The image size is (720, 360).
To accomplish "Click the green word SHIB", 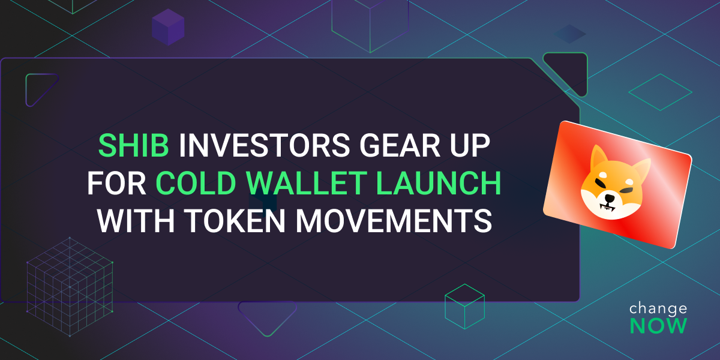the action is point(134,146).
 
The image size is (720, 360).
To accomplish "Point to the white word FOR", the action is point(116,183).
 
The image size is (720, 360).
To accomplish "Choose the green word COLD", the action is point(196,183).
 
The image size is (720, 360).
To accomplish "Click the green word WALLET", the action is point(307,183).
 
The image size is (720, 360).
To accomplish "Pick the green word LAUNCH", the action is point(439,183).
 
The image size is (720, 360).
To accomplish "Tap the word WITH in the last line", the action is point(136,221).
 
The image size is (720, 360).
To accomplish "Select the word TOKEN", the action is point(235,221).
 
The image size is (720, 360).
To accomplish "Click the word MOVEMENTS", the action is point(394,221).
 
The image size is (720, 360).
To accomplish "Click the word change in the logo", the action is point(658,309).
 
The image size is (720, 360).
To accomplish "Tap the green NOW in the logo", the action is point(658,326).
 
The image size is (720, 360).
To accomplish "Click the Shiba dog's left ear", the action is point(599,156).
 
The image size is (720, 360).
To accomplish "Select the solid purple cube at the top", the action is point(168,27).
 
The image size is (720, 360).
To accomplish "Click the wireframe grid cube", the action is point(70,287).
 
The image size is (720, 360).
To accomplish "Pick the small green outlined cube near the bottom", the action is point(464,307).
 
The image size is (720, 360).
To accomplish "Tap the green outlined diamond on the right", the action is point(660,92).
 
